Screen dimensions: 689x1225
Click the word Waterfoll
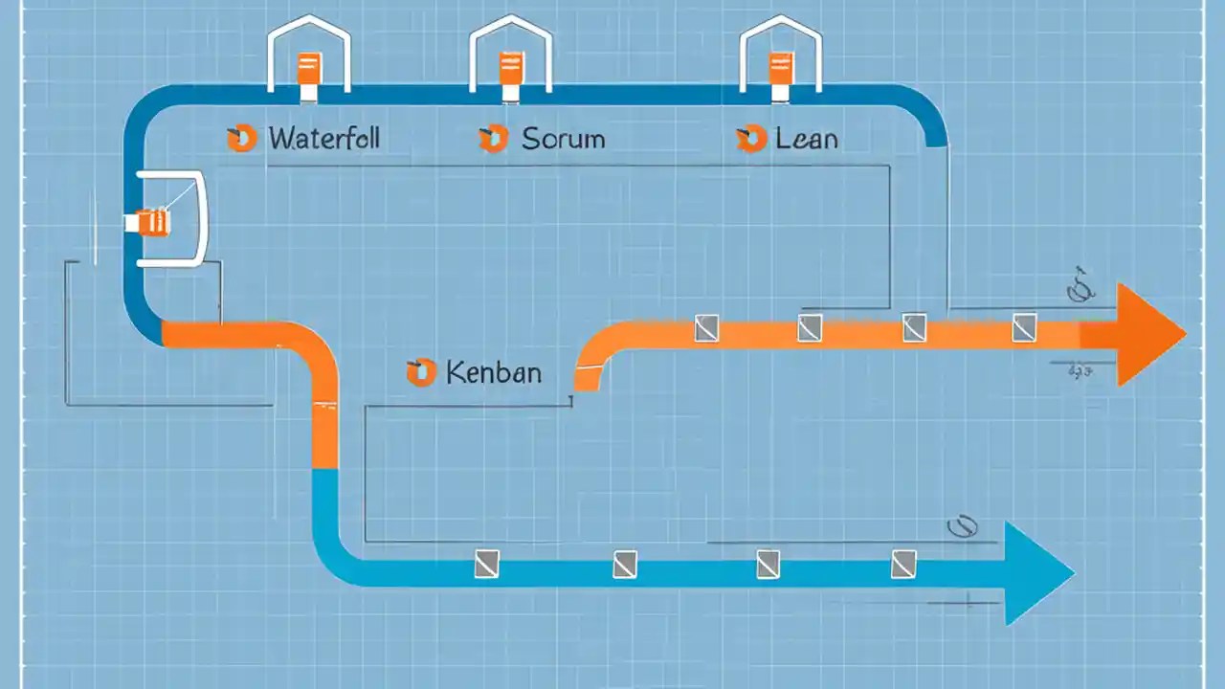pyautogui.click(x=323, y=139)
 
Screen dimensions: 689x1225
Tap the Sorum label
pyautogui.click(x=563, y=139)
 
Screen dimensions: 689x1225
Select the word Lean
pyautogui.click(x=806, y=139)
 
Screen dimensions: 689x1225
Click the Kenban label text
pyautogui.click(x=493, y=372)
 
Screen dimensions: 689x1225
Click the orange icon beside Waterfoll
pyautogui.click(x=241, y=139)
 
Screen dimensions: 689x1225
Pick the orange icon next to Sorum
pyautogui.click(x=492, y=139)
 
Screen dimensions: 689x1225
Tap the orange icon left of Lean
pyautogui.click(x=751, y=139)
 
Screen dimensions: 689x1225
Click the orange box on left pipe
pyautogui.click(x=153, y=222)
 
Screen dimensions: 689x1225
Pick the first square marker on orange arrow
pyautogui.click(x=705, y=328)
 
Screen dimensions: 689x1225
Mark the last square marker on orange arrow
pyautogui.click(x=1023, y=327)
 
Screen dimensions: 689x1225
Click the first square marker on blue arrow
pyautogui.click(x=487, y=564)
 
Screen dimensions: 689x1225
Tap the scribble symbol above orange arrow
pyautogui.click(x=1080, y=289)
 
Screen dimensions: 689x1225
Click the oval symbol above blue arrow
pyautogui.click(x=960, y=525)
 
